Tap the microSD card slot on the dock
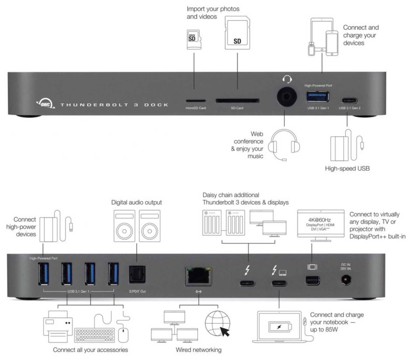click(x=196, y=101)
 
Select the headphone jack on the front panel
click(x=287, y=97)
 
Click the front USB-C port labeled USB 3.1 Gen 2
click(x=349, y=100)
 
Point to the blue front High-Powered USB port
click(x=318, y=97)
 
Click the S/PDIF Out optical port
click(x=137, y=274)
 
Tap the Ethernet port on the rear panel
click(x=199, y=276)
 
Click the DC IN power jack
click(x=346, y=280)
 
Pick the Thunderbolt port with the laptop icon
click(x=279, y=283)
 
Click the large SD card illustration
click(x=237, y=33)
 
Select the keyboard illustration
click(x=94, y=335)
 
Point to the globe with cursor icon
click(x=217, y=324)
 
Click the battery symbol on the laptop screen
click(x=280, y=327)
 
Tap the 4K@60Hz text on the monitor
click(x=319, y=220)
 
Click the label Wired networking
click(x=199, y=350)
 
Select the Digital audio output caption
click(x=137, y=202)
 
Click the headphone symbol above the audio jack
click(x=287, y=79)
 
